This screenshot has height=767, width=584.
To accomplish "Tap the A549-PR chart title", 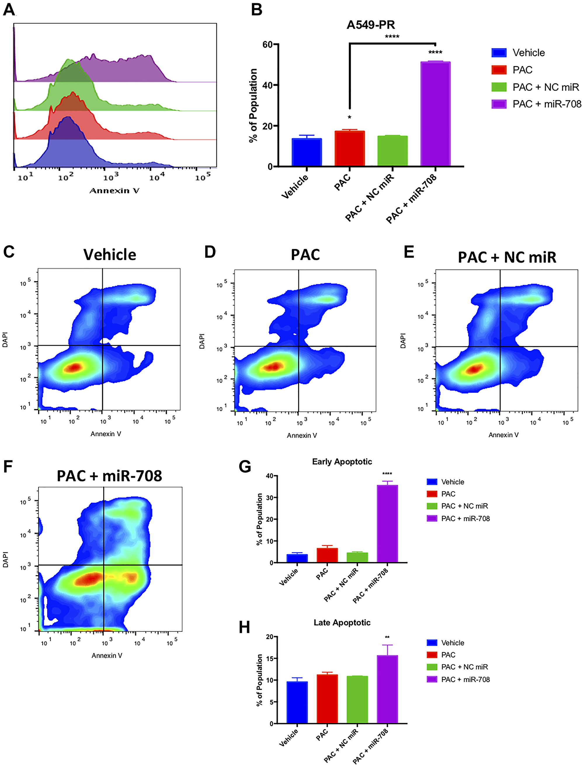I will click(371, 25).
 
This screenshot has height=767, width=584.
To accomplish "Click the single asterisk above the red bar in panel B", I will click(349, 118).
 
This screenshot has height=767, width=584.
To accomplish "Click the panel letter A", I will click(9, 9).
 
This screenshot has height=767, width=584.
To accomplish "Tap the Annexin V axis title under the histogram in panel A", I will click(114, 191).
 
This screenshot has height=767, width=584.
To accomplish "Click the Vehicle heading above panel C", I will click(109, 255).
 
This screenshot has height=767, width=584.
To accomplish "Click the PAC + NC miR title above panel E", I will click(507, 258).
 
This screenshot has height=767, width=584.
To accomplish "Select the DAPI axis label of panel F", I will click(6, 559).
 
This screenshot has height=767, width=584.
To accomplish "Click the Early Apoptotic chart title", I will click(342, 462).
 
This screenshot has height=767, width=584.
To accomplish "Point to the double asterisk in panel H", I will click(387, 638).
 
